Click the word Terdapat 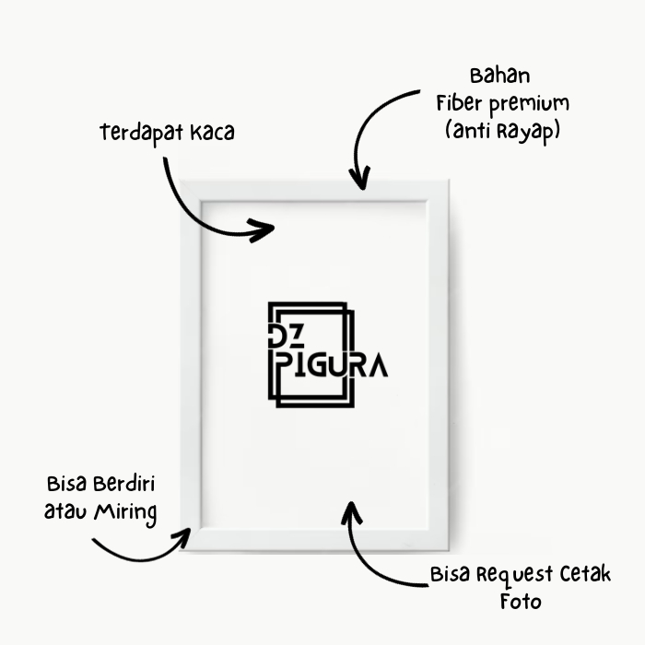[x=142, y=134]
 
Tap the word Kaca [x=212, y=133]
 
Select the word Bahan [x=499, y=76]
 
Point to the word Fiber [x=459, y=102]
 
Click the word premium [x=530, y=105]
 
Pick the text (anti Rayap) [x=503, y=132]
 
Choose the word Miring [x=125, y=513]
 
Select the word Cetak [x=585, y=574]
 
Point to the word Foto [x=521, y=602]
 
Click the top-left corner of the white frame [x=181, y=180]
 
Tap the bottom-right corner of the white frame [x=449, y=550]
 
